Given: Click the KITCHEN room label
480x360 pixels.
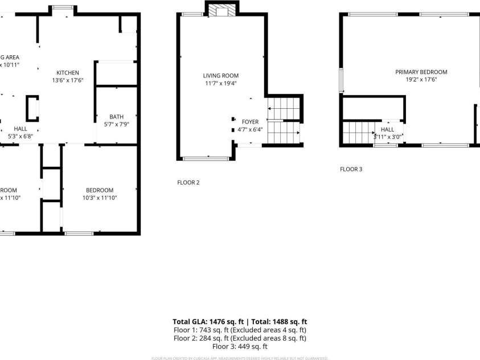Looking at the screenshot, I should tap(67, 72).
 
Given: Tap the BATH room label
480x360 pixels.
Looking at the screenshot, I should tap(116, 116).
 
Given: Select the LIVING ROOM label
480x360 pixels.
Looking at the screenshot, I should tap(220, 75).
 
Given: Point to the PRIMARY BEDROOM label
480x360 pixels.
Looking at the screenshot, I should tap(421, 72).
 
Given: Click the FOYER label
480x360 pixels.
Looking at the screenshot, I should tap(250, 122).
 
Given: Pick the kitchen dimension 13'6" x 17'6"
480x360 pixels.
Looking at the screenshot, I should tap(67, 80).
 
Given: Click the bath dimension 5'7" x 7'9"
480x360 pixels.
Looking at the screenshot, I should tap(116, 124).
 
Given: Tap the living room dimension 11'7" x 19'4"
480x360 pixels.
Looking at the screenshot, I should tap(220, 83).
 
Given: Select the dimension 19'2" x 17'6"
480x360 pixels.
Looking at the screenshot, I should tap(421, 80).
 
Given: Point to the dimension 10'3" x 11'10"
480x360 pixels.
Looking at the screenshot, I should tap(99, 198).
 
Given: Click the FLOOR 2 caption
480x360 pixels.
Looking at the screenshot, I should tap(188, 182).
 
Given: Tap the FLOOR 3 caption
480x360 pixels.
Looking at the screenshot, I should tap(351, 169).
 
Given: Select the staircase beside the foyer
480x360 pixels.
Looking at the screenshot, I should tap(283, 121).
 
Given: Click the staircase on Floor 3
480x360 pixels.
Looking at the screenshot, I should tap(358, 133).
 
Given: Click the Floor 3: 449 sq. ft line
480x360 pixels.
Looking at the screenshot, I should tap(240, 346).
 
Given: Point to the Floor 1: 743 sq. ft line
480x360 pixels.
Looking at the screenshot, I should tap(240, 330).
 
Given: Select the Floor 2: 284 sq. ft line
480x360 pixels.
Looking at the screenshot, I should tap(240, 338).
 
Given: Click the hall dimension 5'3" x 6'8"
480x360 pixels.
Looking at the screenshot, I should tap(20, 137).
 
